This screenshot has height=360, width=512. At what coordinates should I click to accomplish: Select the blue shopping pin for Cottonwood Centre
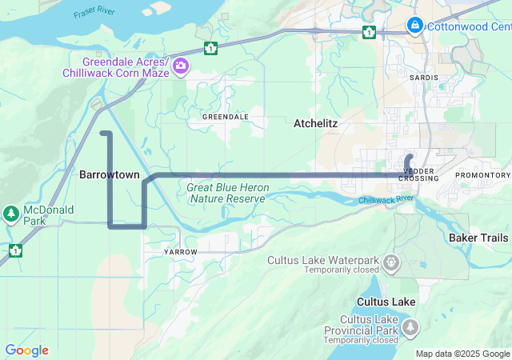click(414, 26)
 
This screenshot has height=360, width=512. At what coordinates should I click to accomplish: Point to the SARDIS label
click(423, 78)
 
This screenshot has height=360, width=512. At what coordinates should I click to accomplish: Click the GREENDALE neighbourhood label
click(225, 117)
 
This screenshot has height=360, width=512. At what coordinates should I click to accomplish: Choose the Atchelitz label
click(316, 124)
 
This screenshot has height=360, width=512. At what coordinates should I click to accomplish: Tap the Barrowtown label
click(110, 174)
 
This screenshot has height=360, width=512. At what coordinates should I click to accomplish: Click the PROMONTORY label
click(482, 175)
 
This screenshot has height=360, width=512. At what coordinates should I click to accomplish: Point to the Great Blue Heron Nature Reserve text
click(227, 192)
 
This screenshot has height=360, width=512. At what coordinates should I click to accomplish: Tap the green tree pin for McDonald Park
click(11, 214)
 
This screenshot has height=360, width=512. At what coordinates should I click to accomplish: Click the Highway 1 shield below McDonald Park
click(15, 250)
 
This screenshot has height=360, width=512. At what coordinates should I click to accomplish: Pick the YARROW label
click(179, 252)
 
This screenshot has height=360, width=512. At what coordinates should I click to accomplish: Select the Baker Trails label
click(478, 238)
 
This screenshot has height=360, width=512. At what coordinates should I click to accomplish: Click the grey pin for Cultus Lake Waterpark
click(391, 261)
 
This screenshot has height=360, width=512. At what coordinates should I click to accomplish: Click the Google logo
click(26, 350)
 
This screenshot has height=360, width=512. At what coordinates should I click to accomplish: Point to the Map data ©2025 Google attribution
click(462, 354)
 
